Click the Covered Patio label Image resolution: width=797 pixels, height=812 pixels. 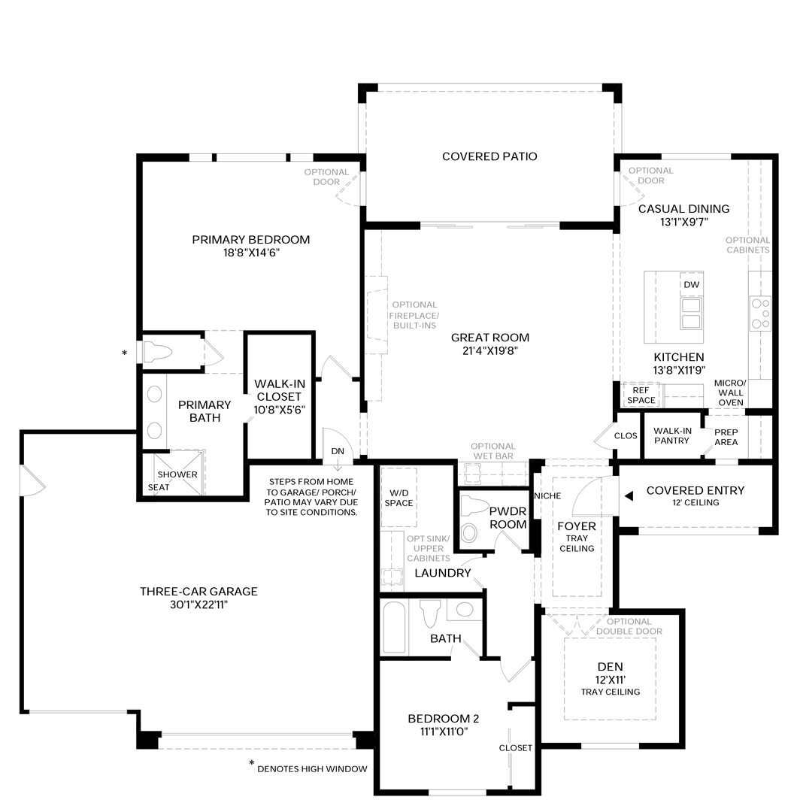489,156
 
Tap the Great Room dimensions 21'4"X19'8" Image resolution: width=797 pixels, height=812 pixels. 490,351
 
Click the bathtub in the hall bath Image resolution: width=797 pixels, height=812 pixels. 394,627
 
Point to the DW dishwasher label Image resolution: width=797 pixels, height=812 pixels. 691,284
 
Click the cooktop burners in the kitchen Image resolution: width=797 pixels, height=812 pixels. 760,314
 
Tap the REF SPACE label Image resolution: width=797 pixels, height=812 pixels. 641,395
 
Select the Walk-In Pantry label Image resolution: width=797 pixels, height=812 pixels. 671,435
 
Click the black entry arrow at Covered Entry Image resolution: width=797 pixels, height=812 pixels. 629,496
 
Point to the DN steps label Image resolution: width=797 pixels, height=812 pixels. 338,451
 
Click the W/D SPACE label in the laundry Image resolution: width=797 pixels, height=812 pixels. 398,498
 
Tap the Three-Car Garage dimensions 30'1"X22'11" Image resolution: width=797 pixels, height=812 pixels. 198,604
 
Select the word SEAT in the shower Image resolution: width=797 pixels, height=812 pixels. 159,487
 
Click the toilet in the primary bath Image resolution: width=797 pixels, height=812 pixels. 157,353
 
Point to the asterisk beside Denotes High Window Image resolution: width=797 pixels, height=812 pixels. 252,763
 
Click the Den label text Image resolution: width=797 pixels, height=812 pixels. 610,666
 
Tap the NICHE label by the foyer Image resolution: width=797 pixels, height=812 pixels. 547,495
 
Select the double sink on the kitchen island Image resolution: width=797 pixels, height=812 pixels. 691,314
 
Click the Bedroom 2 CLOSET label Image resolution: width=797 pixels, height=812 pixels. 515,748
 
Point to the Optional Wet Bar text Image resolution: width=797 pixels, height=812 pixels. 493,451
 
